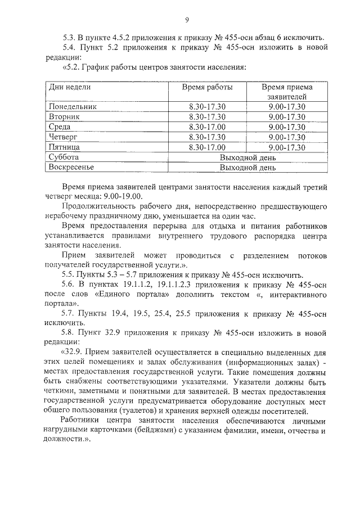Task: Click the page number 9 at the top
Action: click(x=186, y=21)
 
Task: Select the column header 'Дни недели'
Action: click(x=70, y=88)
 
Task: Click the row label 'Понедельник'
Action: click(x=73, y=106)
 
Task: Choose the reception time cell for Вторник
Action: click(x=287, y=117)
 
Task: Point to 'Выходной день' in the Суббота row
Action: click(x=247, y=157)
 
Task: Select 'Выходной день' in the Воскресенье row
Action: click(x=247, y=168)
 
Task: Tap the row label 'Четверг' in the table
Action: click(x=63, y=137)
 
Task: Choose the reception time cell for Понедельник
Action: click(x=287, y=106)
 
